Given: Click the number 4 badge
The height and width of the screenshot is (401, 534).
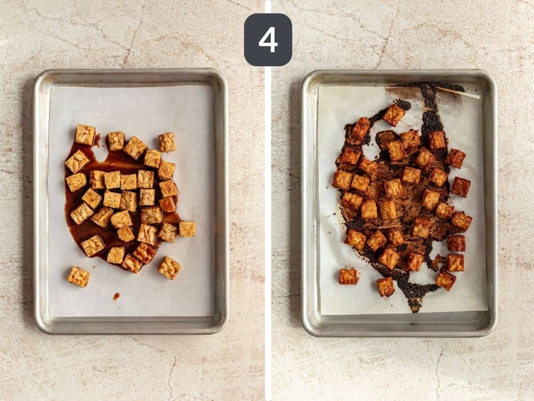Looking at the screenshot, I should pos(268,40).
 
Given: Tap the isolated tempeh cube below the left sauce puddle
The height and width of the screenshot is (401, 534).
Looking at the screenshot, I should pos(78,276).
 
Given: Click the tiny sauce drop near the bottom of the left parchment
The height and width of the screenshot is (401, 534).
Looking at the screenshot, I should pos(116,296).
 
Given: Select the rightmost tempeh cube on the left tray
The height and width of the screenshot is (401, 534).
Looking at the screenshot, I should pos(187,229).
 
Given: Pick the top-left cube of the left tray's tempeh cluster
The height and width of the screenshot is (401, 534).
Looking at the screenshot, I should pos(85,134).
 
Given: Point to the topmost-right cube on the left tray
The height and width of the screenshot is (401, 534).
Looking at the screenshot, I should pos(167,141).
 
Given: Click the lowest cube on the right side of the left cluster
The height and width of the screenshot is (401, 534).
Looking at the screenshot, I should pos(169,267).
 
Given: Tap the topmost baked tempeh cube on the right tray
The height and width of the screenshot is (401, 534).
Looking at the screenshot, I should pos(394,114).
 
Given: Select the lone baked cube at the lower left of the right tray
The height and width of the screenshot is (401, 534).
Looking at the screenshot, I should pos(348,276).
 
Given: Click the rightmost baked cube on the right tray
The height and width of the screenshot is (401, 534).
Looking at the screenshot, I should pos(462,221).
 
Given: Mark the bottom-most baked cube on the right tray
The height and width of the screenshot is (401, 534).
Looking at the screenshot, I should pos(386,287).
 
